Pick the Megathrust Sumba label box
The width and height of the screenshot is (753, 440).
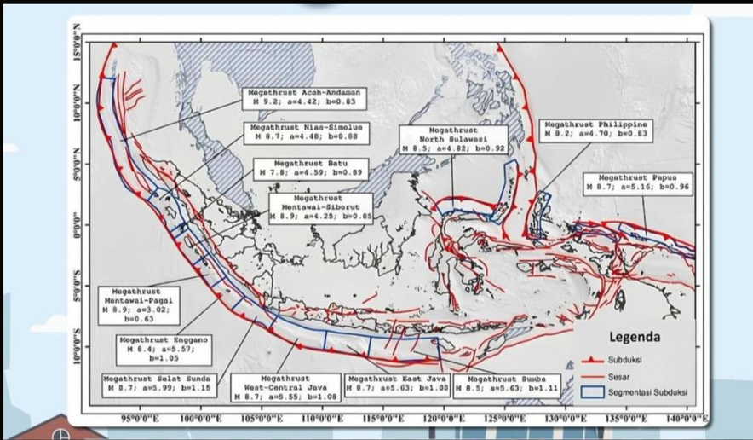click(x=507, y=385)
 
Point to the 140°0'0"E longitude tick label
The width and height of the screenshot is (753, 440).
click(x=688, y=419)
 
